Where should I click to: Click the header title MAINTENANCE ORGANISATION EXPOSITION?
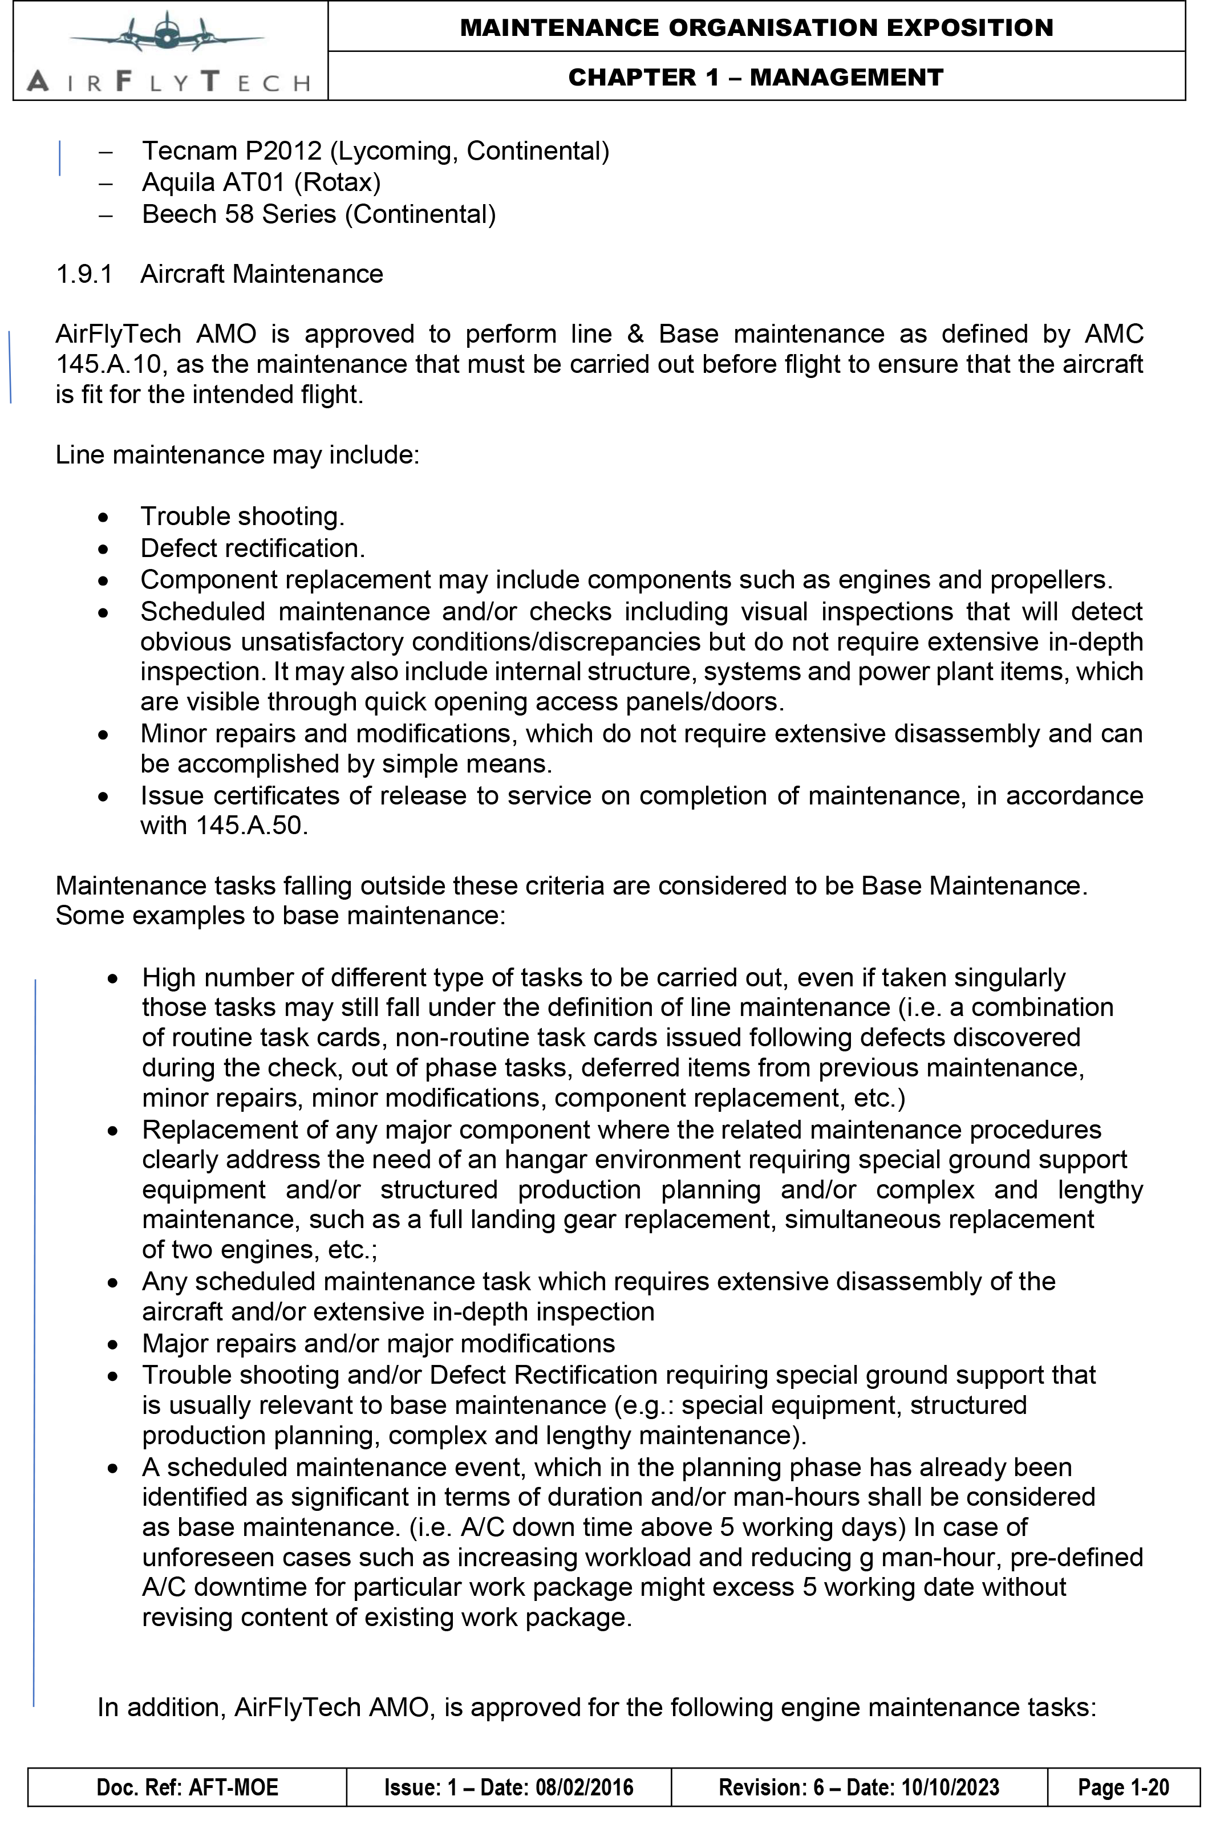coord(756,28)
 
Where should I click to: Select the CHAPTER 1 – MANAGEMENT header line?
coord(755,78)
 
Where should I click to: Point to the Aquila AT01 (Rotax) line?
coord(261,183)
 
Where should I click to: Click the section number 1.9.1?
coord(84,274)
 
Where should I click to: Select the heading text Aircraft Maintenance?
coord(261,274)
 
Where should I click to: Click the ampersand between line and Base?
coord(635,334)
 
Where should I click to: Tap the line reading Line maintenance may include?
coord(237,455)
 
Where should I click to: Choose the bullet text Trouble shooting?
coord(242,517)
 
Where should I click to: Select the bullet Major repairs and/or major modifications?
coord(378,1343)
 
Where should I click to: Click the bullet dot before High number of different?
coord(113,979)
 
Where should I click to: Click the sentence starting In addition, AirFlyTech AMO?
coord(596,1708)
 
